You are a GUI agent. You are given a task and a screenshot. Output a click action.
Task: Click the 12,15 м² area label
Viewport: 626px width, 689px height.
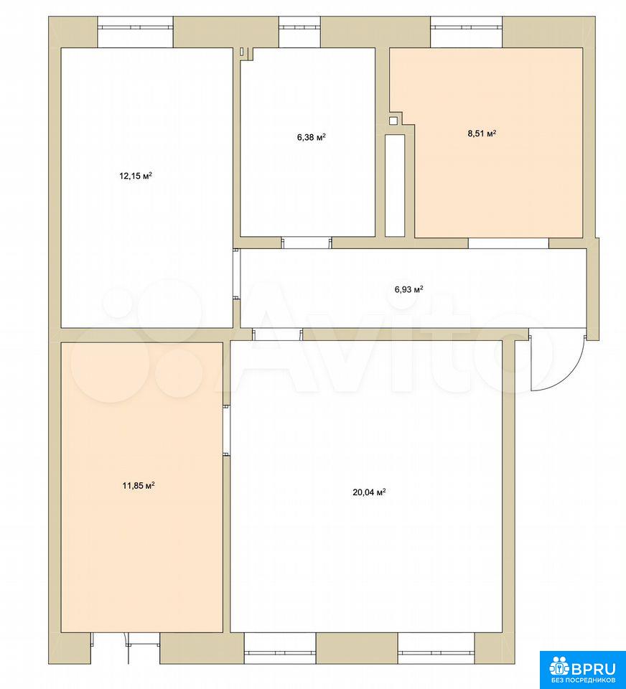click(136, 176)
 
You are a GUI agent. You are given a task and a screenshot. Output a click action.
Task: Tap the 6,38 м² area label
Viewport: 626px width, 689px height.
click(312, 137)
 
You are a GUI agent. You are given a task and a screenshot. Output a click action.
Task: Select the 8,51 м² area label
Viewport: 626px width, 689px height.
click(482, 133)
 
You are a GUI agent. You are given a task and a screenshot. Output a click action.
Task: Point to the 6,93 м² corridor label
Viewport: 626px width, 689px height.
click(408, 289)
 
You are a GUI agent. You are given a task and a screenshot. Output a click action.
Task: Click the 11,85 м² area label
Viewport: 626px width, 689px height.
click(138, 486)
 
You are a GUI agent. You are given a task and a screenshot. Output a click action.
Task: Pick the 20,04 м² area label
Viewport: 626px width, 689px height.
click(369, 492)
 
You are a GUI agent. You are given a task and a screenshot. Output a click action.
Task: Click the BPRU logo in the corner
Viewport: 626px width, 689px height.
click(582, 667)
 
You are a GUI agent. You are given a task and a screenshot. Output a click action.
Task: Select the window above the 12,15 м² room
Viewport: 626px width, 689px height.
click(136, 32)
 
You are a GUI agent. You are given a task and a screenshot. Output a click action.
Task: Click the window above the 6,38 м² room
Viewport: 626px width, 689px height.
click(300, 32)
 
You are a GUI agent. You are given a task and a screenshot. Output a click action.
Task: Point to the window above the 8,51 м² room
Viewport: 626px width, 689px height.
click(467, 32)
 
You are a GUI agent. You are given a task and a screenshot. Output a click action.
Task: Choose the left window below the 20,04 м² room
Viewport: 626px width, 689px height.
click(280, 647)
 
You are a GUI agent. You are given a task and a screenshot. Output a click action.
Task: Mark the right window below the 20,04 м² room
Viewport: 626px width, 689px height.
click(436, 647)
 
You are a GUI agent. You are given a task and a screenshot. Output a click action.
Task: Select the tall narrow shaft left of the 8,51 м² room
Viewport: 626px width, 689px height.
click(395, 185)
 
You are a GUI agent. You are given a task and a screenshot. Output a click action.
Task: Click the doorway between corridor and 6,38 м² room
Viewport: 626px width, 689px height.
click(307, 243)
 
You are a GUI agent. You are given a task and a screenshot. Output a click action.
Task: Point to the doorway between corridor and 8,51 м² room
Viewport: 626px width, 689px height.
click(508, 243)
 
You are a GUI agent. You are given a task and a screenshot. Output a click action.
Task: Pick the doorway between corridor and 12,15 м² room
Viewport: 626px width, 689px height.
click(236, 274)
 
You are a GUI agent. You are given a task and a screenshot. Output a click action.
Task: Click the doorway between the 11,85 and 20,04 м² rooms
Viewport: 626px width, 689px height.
click(226, 430)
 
